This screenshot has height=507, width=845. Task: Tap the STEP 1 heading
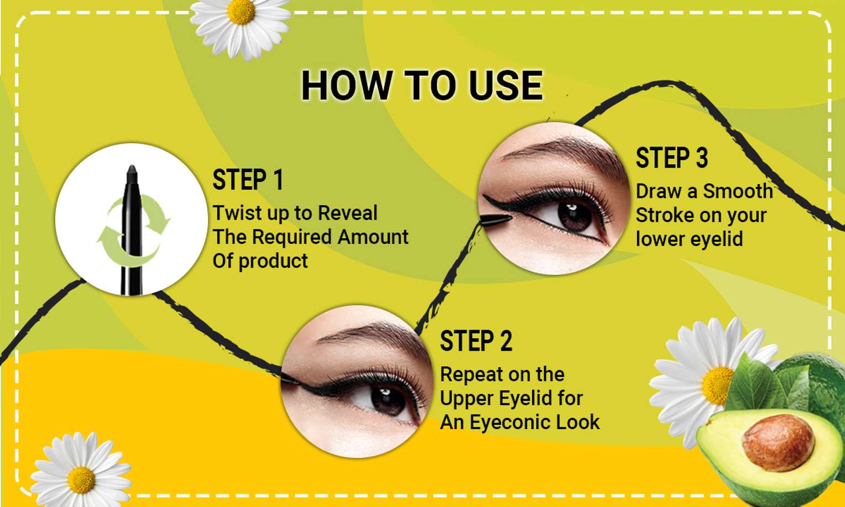[248, 180]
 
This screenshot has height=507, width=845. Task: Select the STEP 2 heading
[476, 341]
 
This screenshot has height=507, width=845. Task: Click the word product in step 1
[273, 261]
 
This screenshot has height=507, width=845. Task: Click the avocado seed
[778, 442]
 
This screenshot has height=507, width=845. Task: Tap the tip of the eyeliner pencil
[132, 167]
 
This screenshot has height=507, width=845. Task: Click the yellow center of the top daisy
[241, 11]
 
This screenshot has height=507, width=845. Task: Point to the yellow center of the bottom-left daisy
[81, 480]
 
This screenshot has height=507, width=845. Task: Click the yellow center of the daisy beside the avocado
[718, 385]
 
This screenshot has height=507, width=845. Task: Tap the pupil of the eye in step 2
[388, 401]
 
